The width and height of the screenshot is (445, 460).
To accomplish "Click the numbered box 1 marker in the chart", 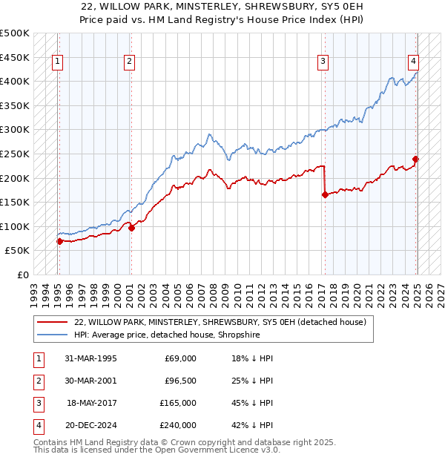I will coord(58,62).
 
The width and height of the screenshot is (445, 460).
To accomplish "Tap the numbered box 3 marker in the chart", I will coord(323,62).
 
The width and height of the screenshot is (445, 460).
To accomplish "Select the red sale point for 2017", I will coord(325,195).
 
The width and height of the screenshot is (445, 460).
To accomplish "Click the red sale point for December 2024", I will coord(416,159).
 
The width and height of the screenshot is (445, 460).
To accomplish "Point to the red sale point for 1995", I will coord(59,241).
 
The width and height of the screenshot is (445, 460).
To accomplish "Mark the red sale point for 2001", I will coord(131,228).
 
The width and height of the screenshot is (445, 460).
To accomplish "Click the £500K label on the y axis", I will coord(15,33).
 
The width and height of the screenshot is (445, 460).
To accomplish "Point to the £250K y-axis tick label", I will coord(15,154).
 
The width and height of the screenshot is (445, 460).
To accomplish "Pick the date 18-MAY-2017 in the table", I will coord(92,403).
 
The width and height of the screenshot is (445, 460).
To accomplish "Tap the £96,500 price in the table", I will coord(180,381).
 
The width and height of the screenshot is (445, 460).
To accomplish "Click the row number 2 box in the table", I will coord(38,381).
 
